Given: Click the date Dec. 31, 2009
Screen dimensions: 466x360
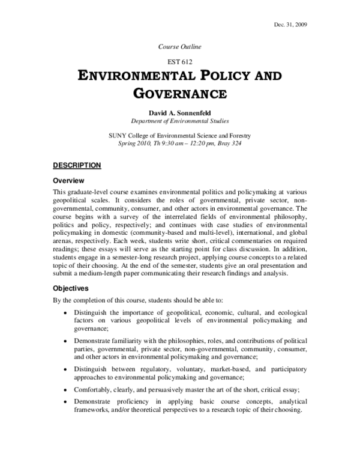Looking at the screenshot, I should (x=326, y=24).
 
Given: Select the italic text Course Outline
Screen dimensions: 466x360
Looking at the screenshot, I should (x=179, y=47).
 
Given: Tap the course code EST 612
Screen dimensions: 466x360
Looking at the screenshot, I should (x=179, y=62).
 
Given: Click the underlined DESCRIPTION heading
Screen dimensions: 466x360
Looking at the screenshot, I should (x=76, y=165).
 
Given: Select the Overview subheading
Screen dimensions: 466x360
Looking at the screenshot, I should (x=68, y=181).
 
